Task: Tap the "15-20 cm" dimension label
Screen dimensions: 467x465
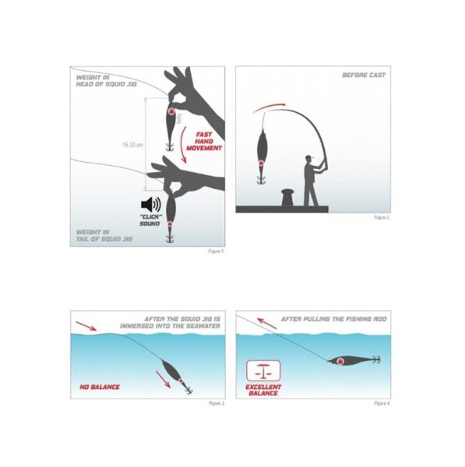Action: [134, 145]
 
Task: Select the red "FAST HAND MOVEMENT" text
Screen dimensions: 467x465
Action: [204, 142]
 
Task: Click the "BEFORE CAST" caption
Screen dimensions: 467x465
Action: [365, 75]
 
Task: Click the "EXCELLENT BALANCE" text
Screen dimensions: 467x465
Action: [262, 390]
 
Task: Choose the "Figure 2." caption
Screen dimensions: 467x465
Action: [382, 218]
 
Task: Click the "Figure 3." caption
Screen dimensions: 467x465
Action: [217, 404]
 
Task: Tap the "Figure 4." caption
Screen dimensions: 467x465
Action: [382, 404]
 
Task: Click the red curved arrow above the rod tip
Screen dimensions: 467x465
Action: [278, 105]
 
